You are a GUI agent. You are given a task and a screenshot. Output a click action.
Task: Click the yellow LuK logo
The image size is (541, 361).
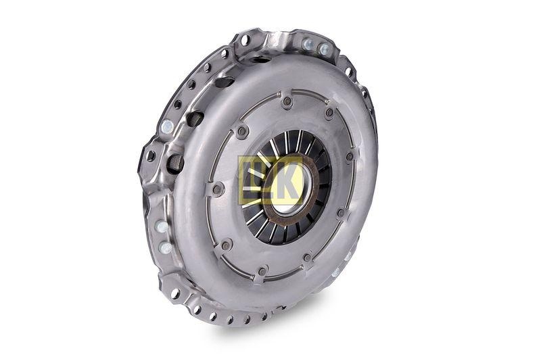(x=270, y=180)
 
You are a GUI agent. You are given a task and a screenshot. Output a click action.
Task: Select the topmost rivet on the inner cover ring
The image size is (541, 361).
(x=287, y=102)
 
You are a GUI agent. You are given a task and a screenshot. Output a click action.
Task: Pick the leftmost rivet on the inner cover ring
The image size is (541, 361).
(x=217, y=189)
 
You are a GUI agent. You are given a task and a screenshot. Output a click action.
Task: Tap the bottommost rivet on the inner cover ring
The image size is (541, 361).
(x=262, y=272)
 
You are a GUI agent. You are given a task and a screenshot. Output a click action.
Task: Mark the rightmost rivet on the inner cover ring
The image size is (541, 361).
(x=350, y=157)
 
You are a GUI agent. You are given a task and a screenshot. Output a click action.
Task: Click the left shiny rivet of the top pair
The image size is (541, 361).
(x=308, y=44)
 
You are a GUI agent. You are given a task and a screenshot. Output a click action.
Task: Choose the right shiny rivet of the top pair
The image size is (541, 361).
(x=325, y=49)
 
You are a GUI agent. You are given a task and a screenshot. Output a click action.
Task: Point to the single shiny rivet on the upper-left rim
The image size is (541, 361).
(x=167, y=126)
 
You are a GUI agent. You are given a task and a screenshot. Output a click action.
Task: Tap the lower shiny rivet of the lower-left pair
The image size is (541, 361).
(x=166, y=247)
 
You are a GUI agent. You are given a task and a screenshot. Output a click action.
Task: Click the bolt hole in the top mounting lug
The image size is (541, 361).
(x=245, y=40)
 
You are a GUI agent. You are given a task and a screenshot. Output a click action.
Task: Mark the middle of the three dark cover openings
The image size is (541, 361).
(x=195, y=119)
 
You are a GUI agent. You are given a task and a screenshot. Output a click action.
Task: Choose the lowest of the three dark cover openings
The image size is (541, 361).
(x=176, y=163)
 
